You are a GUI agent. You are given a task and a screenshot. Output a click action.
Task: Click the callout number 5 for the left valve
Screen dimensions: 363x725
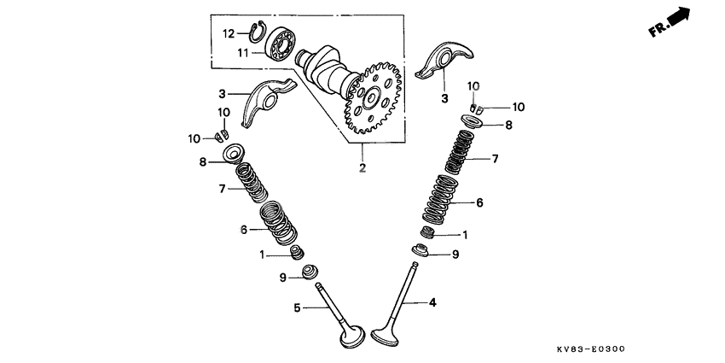(x=296, y=308)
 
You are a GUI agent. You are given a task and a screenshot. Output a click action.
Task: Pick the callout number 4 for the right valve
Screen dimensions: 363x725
(x=432, y=302)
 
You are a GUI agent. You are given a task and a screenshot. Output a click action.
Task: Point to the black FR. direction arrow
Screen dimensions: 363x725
(x=677, y=15)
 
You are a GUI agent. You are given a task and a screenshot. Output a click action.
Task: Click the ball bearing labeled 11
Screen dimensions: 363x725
(x=281, y=44)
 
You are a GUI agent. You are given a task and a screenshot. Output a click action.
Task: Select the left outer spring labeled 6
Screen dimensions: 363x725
(x=276, y=220)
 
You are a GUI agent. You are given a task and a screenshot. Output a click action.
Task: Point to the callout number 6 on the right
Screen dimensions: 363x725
(x=479, y=202)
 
